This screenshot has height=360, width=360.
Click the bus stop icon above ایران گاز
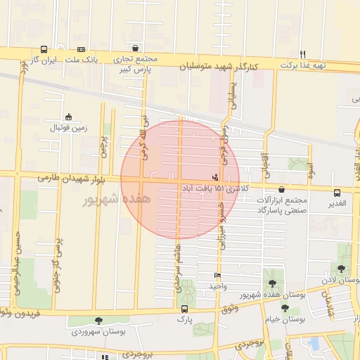[44, 50]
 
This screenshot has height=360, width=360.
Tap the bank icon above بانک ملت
[81, 50]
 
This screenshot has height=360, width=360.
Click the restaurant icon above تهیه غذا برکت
[303, 54]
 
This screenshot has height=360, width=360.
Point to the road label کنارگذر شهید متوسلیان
[218, 66]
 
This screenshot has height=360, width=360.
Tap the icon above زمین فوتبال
[68, 117]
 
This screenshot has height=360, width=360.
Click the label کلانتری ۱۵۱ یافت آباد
[210, 189]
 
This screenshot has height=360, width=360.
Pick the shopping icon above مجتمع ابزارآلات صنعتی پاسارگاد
[282, 189]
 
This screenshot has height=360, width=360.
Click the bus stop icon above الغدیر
[337, 192]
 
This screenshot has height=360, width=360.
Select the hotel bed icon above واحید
[217, 276]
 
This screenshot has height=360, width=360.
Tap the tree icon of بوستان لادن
[341, 269]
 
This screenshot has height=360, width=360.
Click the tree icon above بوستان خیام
[285, 308]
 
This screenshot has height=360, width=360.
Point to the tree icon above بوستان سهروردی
[98, 321]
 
